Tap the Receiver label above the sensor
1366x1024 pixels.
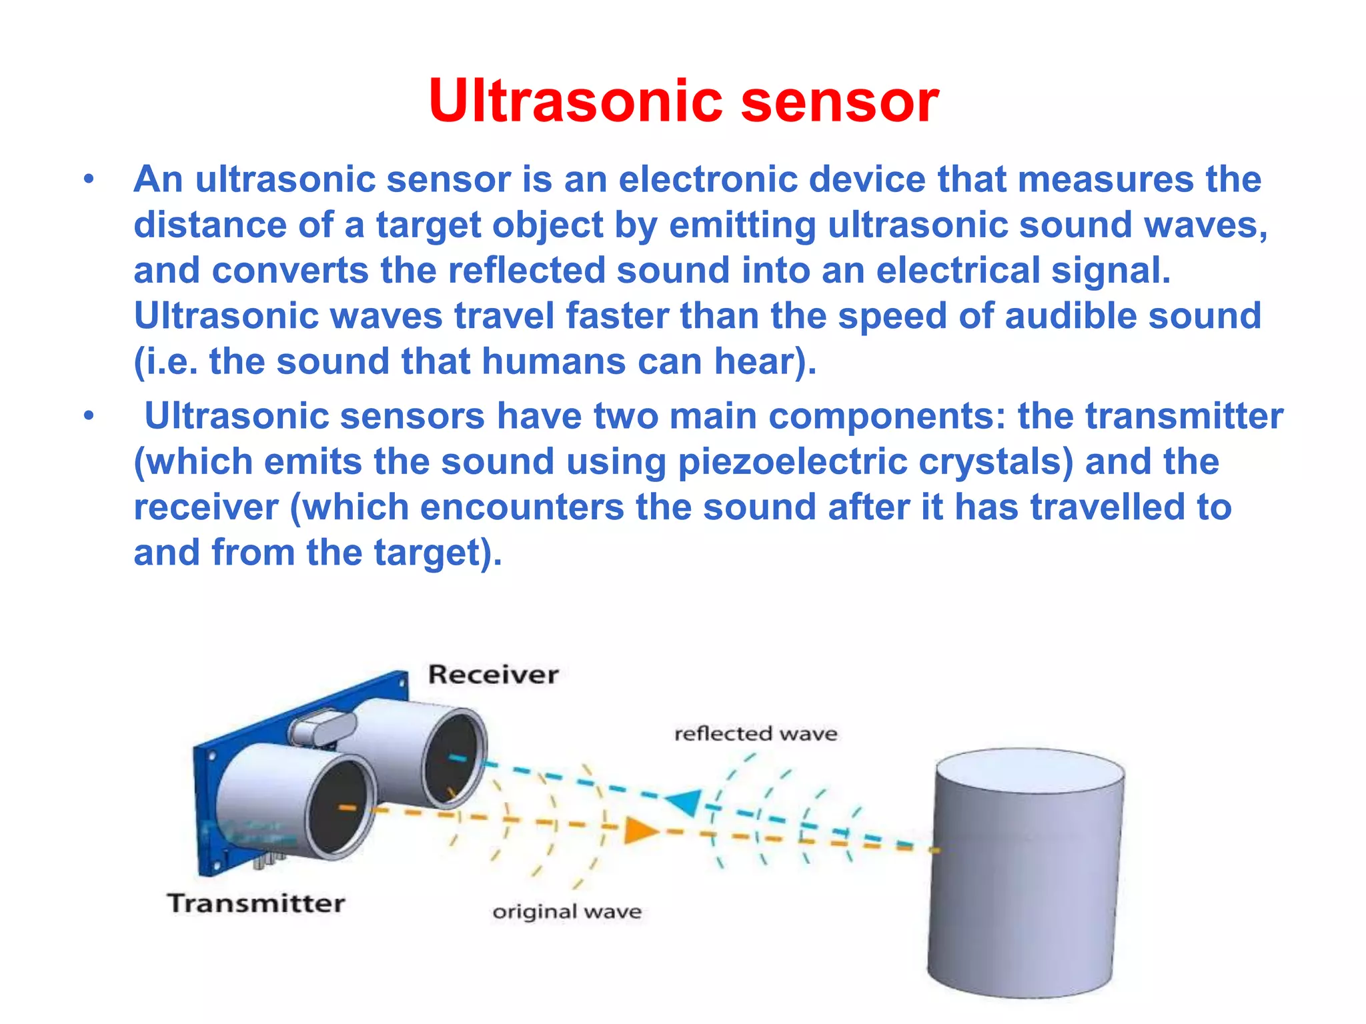pyautogui.click(x=493, y=675)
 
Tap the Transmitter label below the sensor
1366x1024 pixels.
pyautogui.click(x=255, y=903)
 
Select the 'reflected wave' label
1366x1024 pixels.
pyautogui.click(x=756, y=734)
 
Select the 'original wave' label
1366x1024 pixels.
pyautogui.click(x=567, y=911)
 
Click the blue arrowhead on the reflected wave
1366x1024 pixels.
pyautogui.click(x=684, y=801)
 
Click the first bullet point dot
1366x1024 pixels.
pyautogui.click(x=89, y=180)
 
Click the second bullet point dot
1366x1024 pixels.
pyautogui.click(x=89, y=417)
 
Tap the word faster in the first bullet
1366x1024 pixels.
pyautogui.click(x=617, y=316)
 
